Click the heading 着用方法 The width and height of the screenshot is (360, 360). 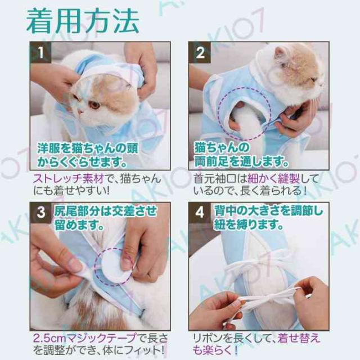(x=83, y=21)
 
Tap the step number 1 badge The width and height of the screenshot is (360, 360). (x=40, y=52)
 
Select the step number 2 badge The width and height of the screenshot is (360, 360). (x=200, y=52)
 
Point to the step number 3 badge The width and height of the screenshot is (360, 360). (x=41, y=213)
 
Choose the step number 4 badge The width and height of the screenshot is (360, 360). (x=199, y=213)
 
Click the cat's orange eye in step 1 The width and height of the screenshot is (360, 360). (x=94, y=105)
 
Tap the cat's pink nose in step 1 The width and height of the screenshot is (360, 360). (x=79, y=111)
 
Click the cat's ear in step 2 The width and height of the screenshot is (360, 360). (x=281, y=53)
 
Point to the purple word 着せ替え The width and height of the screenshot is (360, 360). (x=299, y=338)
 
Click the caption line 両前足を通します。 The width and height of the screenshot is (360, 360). (x=241, y=161)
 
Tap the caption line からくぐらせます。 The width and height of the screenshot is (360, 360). (x=82, y=161)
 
